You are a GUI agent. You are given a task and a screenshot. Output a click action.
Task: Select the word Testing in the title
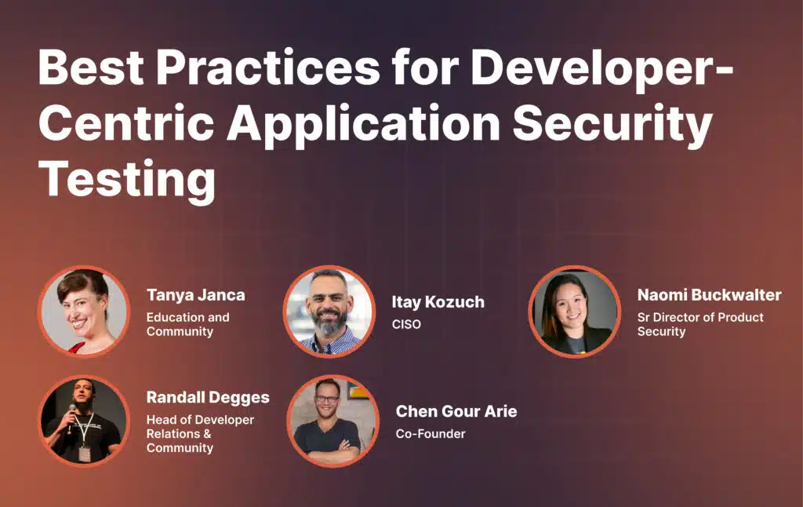point(127,181)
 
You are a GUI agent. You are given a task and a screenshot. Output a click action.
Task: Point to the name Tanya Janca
point(195,295)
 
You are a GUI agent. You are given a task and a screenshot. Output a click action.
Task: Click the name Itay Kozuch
point(438,302)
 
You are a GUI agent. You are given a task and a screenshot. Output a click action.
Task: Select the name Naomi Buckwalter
point(709,295)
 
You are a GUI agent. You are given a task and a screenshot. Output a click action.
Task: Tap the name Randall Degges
point(208,398)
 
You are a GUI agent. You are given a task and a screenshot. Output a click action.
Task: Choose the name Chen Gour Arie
point(456,411)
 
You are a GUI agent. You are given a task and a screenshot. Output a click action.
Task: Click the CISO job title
point(406,324)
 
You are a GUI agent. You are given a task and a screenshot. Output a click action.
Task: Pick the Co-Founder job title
point(431,434)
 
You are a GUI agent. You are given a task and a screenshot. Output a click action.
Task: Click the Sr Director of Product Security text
point(700,324)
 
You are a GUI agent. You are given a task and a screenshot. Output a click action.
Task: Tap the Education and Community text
point(188,324)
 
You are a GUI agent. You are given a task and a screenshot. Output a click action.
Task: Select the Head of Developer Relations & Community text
point(200,434)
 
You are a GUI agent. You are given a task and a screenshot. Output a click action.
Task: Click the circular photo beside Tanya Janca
point(84,311)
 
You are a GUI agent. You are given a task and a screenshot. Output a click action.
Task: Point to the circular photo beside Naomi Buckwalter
point(575,311)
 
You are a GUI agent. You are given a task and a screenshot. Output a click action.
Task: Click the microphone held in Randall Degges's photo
point(71,414)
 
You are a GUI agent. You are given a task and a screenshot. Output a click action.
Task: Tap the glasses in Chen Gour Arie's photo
point(327,399)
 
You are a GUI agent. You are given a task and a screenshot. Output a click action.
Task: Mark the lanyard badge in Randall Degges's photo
point(85,453)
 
